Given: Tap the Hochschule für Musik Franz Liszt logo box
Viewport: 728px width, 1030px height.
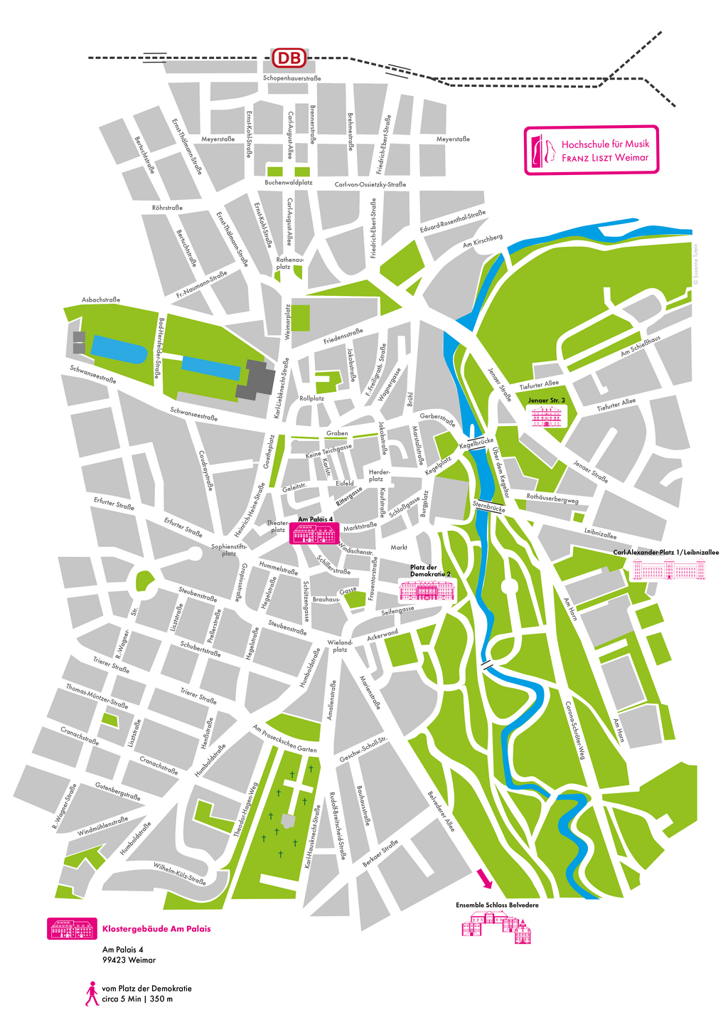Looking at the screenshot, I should [x=591, y=150].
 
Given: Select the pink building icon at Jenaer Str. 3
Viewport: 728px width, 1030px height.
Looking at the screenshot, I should [x=547, y=416].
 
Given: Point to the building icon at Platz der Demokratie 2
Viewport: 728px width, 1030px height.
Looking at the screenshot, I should [x=426, y=591].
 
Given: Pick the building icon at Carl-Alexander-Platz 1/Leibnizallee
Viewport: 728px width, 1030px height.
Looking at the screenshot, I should [x=669, y=570].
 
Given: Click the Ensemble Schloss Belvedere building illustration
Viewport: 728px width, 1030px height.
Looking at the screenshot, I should [x=497, y=925].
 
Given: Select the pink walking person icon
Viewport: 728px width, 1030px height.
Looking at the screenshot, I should [x=91, y=994].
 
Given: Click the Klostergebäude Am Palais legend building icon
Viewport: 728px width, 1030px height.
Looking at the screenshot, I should [x=72, y=928].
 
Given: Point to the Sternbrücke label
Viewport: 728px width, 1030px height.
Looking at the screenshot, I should [x=488, y=507].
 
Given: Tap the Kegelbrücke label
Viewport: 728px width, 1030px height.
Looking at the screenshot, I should [x=476, y=443].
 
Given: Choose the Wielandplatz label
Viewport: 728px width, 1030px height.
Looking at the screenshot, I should [x=340, y=646].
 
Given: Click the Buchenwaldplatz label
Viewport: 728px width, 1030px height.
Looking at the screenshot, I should [x=289, y=183].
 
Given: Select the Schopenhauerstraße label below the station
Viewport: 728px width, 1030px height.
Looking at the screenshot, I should [x=291, y=78].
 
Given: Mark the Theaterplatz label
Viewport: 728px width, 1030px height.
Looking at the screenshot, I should [x=277, y=526].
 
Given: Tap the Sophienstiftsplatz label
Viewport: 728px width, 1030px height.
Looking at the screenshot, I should [x=228, y=550].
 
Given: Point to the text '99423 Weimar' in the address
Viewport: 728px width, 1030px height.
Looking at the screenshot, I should [x=129, y=960].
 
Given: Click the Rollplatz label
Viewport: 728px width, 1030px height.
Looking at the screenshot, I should [x=311, y=398].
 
